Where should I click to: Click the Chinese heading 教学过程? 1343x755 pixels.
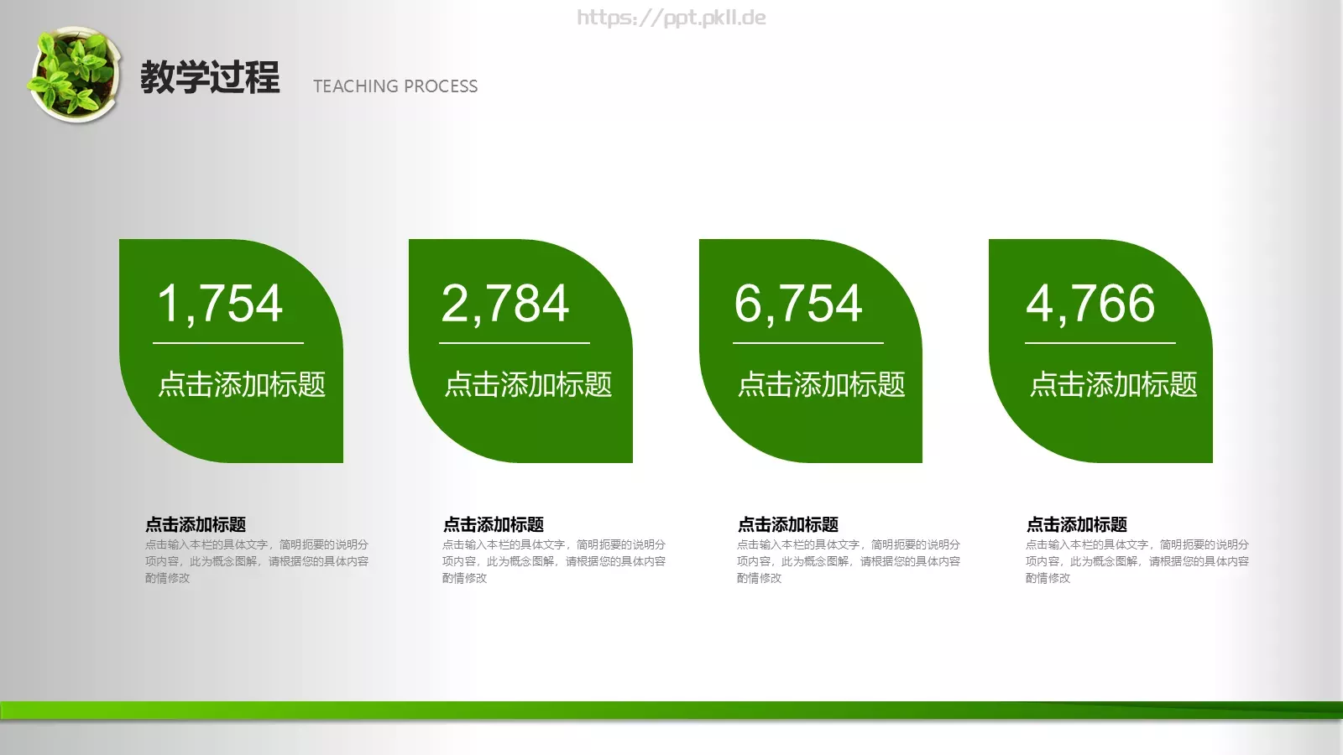[x=210, y=77]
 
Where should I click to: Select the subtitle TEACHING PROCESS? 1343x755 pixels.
[x=395, y=86]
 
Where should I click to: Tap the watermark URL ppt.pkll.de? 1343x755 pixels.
[x=671, y=18]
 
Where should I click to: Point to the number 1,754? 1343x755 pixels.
[x=220, y=303]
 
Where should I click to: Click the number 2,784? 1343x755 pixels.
[x=505, y=303]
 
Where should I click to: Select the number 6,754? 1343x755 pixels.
[x=798, y=303]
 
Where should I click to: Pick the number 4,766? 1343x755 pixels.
[x=1090, y=303]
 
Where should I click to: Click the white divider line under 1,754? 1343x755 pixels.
[x=228, y=343]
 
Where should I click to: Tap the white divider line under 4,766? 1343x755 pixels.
[x=1100, y=343]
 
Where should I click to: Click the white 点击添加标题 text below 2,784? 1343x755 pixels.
[x=528, y=384]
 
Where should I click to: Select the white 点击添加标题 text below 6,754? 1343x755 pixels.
[x=821, y=384]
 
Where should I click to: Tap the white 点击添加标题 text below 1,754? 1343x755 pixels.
[x=242, y=384]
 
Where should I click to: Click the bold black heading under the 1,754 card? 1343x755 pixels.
[x=196, y=524]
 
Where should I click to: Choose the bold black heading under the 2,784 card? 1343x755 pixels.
[x=494, y=524]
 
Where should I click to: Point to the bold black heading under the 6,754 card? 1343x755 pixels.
[x=788, y=524]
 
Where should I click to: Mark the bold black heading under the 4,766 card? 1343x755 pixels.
[x=1077, y=524]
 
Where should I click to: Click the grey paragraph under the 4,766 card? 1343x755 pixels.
[x=1137, y=561]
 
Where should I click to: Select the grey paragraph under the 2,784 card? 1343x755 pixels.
[x=554, y=561]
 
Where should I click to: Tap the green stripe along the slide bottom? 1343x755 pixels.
[x=671, y=710]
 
